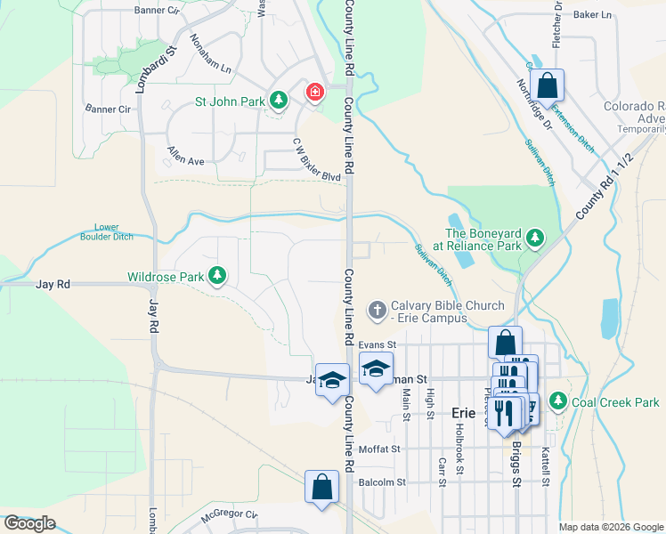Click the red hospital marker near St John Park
coord(315,93)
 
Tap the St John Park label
coord(230,101)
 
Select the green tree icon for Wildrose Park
coord(216,276)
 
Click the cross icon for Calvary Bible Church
coord(377,310)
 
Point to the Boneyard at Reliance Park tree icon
coord(534,237)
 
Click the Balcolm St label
coord(382,482)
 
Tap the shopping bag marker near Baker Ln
coord(548,86)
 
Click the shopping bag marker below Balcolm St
coord(321,487)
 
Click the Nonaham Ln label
coord(211,55)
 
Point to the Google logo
coord(30,523)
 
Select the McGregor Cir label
coord(229,514)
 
